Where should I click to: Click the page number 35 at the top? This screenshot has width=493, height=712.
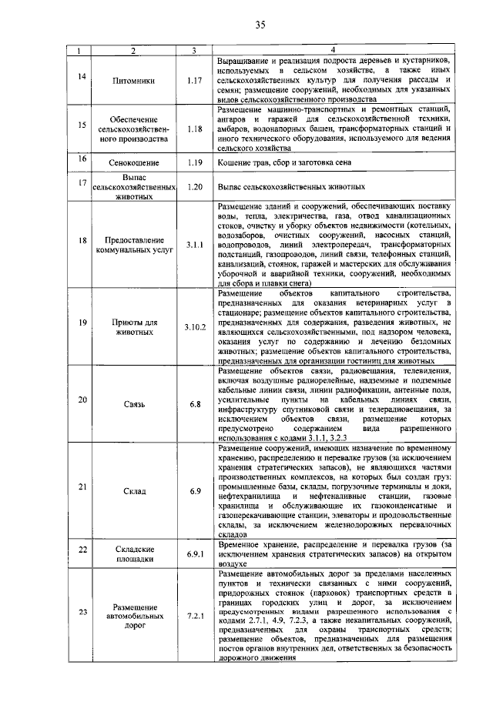(260, 25)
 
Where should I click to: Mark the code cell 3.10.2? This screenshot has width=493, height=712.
(195, 327)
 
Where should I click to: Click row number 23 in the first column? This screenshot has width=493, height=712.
(82, 612)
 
